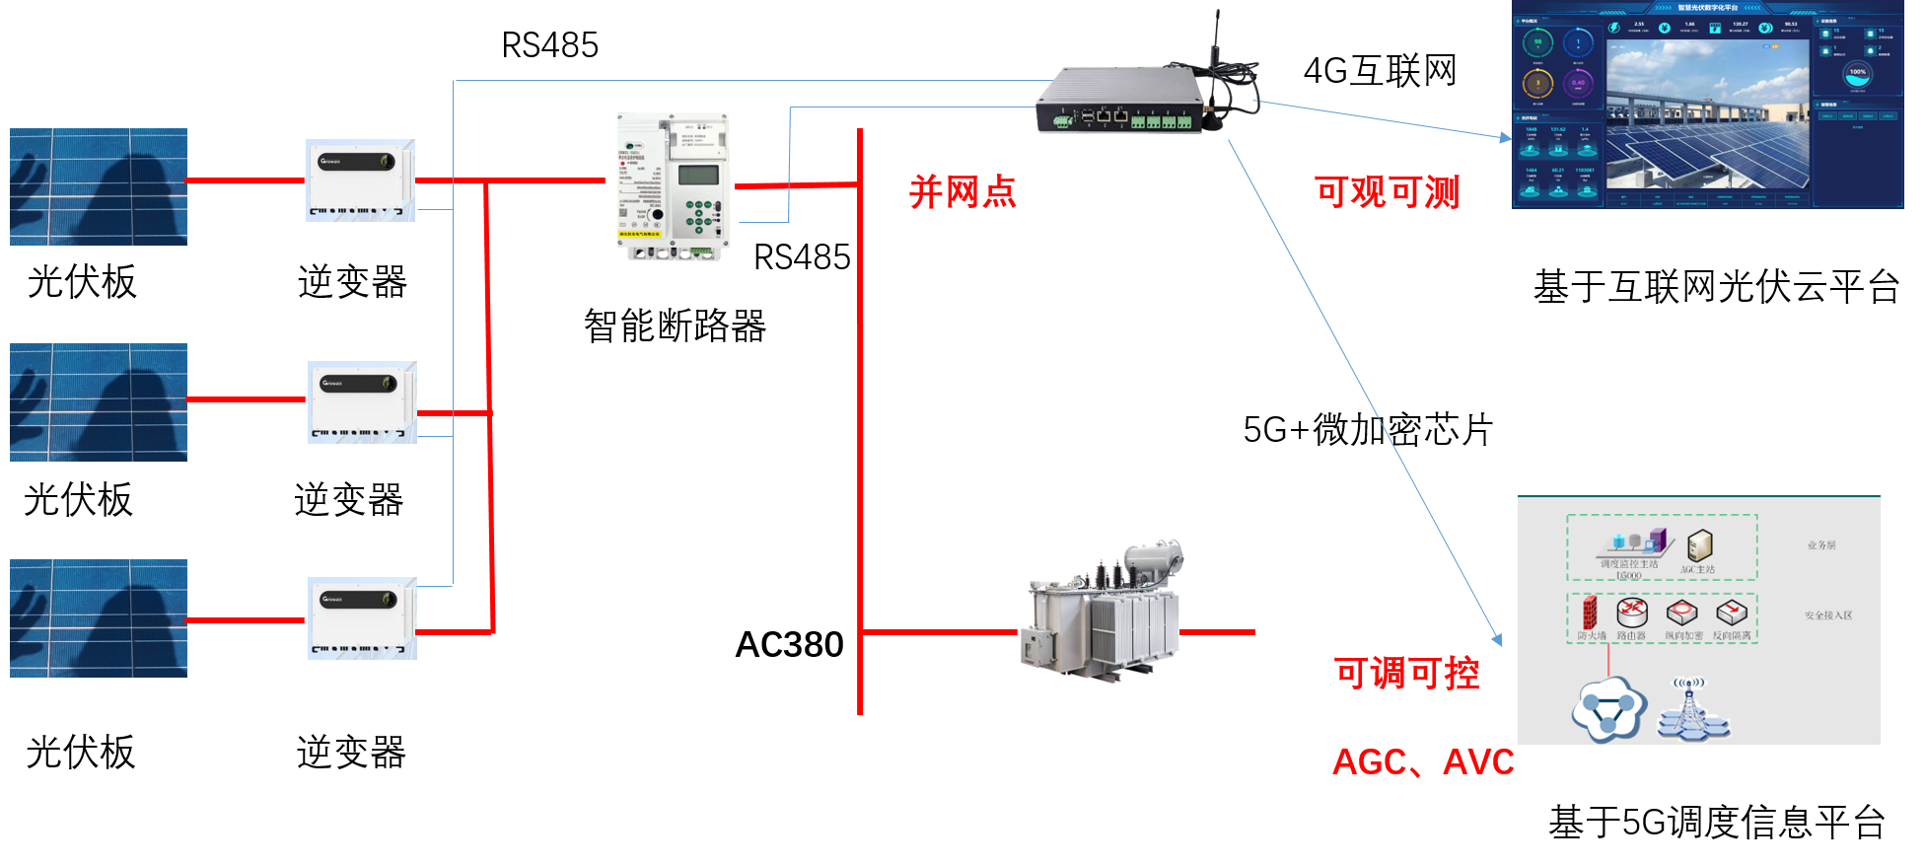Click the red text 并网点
pyautogui.click(x=962, y=191)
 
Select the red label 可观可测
pyautogui.click(x=1387, y=191)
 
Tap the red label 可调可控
pyautogui.click(x=1406, y=673)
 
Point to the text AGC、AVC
pyautogui.click(x=1423, y=761)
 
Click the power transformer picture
pyautogui.click(x=1104, y=613)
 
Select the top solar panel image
pyautogui.click(x=99, y=186)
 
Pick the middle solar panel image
pyautogui.click(x=99, y=401)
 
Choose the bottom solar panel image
pyautogui.click(x=99, y=617)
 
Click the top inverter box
pyautogui.click(x=360, y=180)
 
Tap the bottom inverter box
pyautogui.click(x=362, y=617)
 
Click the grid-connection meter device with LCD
pyautogui.click(x=674, y=186)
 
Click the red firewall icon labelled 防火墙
pyautogui.click(x=1589, y=613)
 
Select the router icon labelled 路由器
pyautogui.click(x=1631, y=613)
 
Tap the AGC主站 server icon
pyautogui.click(x=1699, y=544)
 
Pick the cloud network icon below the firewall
pyautogui.click(x=1608, y=710)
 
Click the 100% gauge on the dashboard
pyautogui.click(x=1857, y=74)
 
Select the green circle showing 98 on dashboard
pyautogui.click(x=1537, y=43)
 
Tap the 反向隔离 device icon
pyautogui.click(x=1732, y=613)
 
